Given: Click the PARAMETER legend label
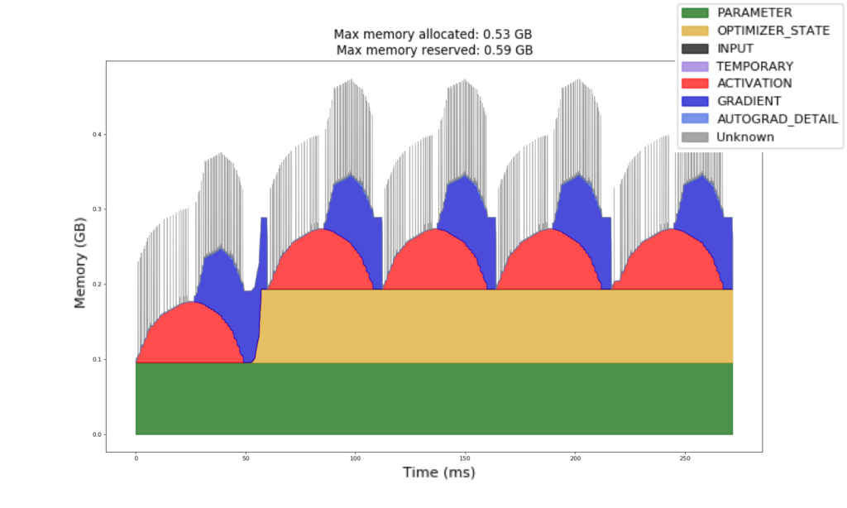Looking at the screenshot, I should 754,12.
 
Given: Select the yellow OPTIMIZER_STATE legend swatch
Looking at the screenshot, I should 695,31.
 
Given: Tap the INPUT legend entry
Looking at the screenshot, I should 735,48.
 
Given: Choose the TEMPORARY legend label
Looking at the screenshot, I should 755,66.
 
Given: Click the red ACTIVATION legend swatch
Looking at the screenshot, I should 695,84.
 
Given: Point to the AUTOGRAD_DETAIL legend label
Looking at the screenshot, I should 777,119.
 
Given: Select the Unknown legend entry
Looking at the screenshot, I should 745,137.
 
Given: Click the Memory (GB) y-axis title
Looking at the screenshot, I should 80,259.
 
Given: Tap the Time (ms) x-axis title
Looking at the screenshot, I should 438,472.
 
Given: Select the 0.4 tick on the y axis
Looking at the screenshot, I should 98,134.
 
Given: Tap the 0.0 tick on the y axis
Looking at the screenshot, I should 98,434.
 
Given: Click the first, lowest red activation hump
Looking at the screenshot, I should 189,335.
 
